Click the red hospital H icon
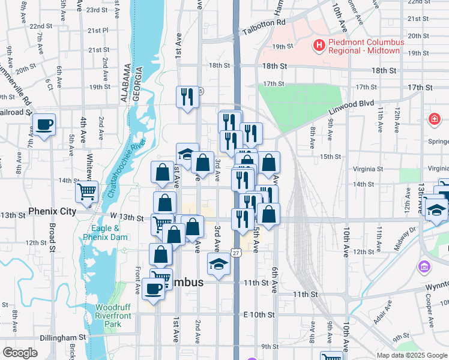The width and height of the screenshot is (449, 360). (x=319, y=44)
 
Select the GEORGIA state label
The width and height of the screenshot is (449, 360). (x=137, y=82)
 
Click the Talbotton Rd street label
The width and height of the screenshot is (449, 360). (x=264, y=31)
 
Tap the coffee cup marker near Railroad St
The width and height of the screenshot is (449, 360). (x=44, y=125)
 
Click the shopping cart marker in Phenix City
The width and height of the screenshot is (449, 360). (x=86, y=192)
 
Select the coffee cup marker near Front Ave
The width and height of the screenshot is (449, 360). (x=154, y=289)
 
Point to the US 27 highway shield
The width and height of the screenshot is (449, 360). (x=238, y=254)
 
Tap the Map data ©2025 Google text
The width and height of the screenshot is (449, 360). (x=411, y=355)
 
